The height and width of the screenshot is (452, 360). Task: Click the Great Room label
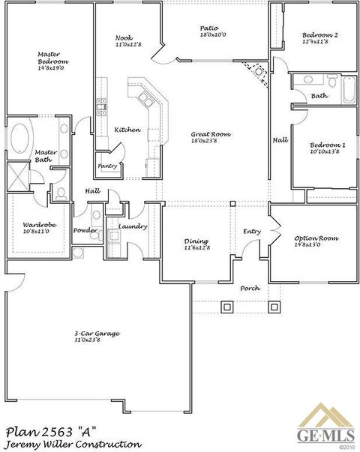pyautogui.click(x=211, y=134)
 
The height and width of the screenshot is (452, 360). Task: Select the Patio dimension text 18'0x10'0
pyautogui.click(x=213, y=35)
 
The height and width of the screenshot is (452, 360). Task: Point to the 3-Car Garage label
pyautogui.click(x=97, y=334)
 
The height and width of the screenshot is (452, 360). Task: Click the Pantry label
pyautogui.click(x=107, y=166)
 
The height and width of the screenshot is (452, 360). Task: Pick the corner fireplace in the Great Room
pyautogui.click(x=256, y=72)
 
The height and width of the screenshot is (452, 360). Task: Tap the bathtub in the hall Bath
pyautogui.click(x=349, y=89)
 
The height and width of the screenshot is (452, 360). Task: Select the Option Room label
pyautogui.click(x=316, y=238)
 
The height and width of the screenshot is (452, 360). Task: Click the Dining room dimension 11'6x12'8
pyautogui.click(x=197, y=247)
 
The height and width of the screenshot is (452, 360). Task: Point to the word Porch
pyautogui.click(x=250, y=288)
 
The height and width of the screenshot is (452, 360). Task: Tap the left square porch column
pyautogui.click(x=226, y=307)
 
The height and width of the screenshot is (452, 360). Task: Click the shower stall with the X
pyautogui.click(x=18, y=176)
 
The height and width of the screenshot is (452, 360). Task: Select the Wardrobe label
pyautogui.click(x=40, y=225)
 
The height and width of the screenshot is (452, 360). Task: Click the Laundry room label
pyautogui.click(x=133, y=226)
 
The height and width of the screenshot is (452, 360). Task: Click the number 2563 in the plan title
pyautogui.click(x=57, y=433)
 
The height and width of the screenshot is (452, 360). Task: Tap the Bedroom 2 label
pyautogui.click(x=320, y=35)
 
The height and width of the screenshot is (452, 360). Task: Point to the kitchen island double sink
pyautogui.click(x=145, y=100)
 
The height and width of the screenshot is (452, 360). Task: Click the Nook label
pyautogui.click(x=124, y=37)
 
